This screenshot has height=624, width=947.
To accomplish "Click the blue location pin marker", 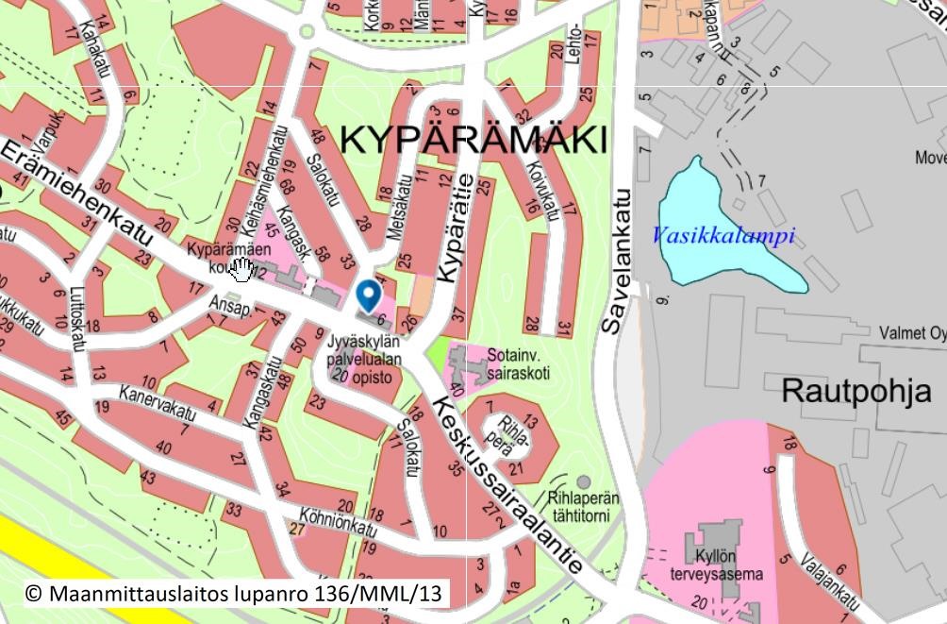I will pyautogui.click(x=368, y=295).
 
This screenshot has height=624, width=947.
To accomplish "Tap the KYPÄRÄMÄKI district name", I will pyautogui.click(x=472, y=141).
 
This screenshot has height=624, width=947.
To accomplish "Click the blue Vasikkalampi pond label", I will pyautogui.click(x=724, y=236).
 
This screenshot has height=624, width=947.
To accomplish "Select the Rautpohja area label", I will pyautogui.click(x=856, y=391).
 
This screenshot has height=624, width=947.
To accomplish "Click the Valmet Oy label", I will pyautogui.click(x=912, y=333).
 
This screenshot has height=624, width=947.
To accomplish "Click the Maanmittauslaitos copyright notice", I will pyautogui.click(x=233, y=593).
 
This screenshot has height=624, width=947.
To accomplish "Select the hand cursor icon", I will pyautogui.click(x=241, y=270).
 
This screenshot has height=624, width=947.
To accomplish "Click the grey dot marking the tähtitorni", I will pyautogui.click(x=584, y=481).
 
